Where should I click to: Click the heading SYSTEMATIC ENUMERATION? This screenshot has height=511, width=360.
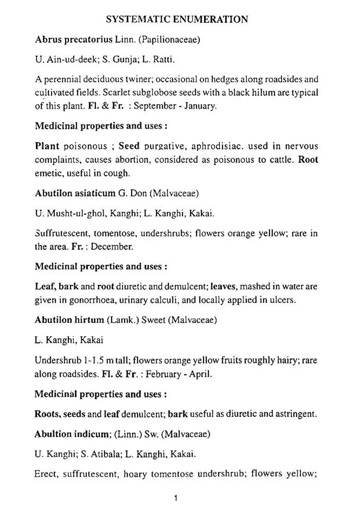pos(177,19)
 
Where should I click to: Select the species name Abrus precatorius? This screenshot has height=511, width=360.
pos(74,40)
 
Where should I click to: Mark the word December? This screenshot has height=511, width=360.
pos(112,246)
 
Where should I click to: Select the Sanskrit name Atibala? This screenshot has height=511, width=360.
pos(104,454)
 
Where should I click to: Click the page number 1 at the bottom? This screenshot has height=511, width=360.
pos(176,498)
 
